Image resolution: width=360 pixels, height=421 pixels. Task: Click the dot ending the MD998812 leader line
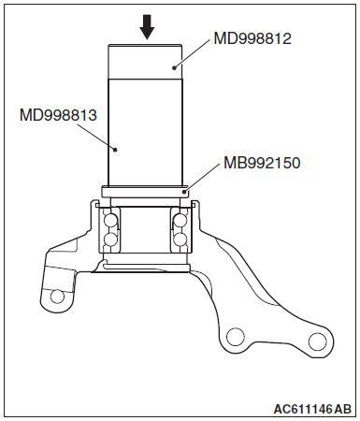tap(174, 67)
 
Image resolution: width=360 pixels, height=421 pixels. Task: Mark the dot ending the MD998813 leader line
tap(114, 147)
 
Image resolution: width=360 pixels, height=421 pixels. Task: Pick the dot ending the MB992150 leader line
tap(184, 190)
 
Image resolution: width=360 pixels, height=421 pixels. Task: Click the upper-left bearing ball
tap(111, 223)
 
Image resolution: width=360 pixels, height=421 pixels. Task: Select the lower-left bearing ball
tap(111, 242)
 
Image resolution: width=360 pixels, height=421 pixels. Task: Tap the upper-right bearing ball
tap(180, 223)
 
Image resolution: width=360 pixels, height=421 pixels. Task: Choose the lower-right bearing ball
tap(180, 242)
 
